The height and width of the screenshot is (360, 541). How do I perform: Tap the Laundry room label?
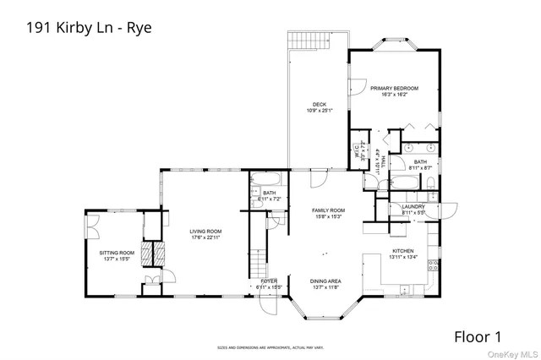pyautogui.click(x=413, y=210)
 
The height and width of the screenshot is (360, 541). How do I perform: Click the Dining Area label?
pyautogui.click(x=326, y=284)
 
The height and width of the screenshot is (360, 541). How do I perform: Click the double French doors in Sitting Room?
pyautogui.click(x=93, y=227)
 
